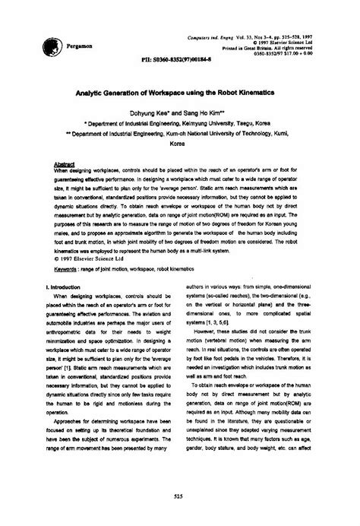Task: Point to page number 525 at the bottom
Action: tap(180, 497)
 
